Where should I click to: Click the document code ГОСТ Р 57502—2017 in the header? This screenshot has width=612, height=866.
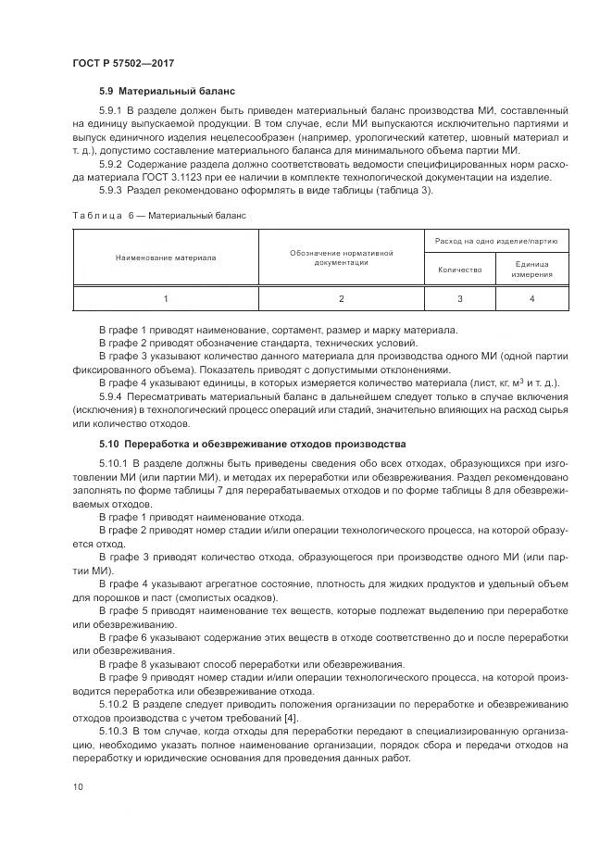[123, 62]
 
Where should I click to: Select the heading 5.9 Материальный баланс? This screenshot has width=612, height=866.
[167, 93]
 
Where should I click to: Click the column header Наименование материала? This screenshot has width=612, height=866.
[166, 257]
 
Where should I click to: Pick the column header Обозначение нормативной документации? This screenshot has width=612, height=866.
[341, 257]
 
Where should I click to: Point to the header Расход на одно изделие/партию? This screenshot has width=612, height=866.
[496, 241]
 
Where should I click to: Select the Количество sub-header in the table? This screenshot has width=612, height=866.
[459, 270]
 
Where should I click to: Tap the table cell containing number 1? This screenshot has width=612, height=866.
[166, 298]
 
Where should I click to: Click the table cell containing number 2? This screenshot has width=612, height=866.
[341, 298]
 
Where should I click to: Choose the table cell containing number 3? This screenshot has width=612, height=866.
[459, 298]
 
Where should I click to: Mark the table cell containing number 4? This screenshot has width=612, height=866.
[531, 298]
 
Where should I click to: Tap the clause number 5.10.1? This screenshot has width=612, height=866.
[115, 461]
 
